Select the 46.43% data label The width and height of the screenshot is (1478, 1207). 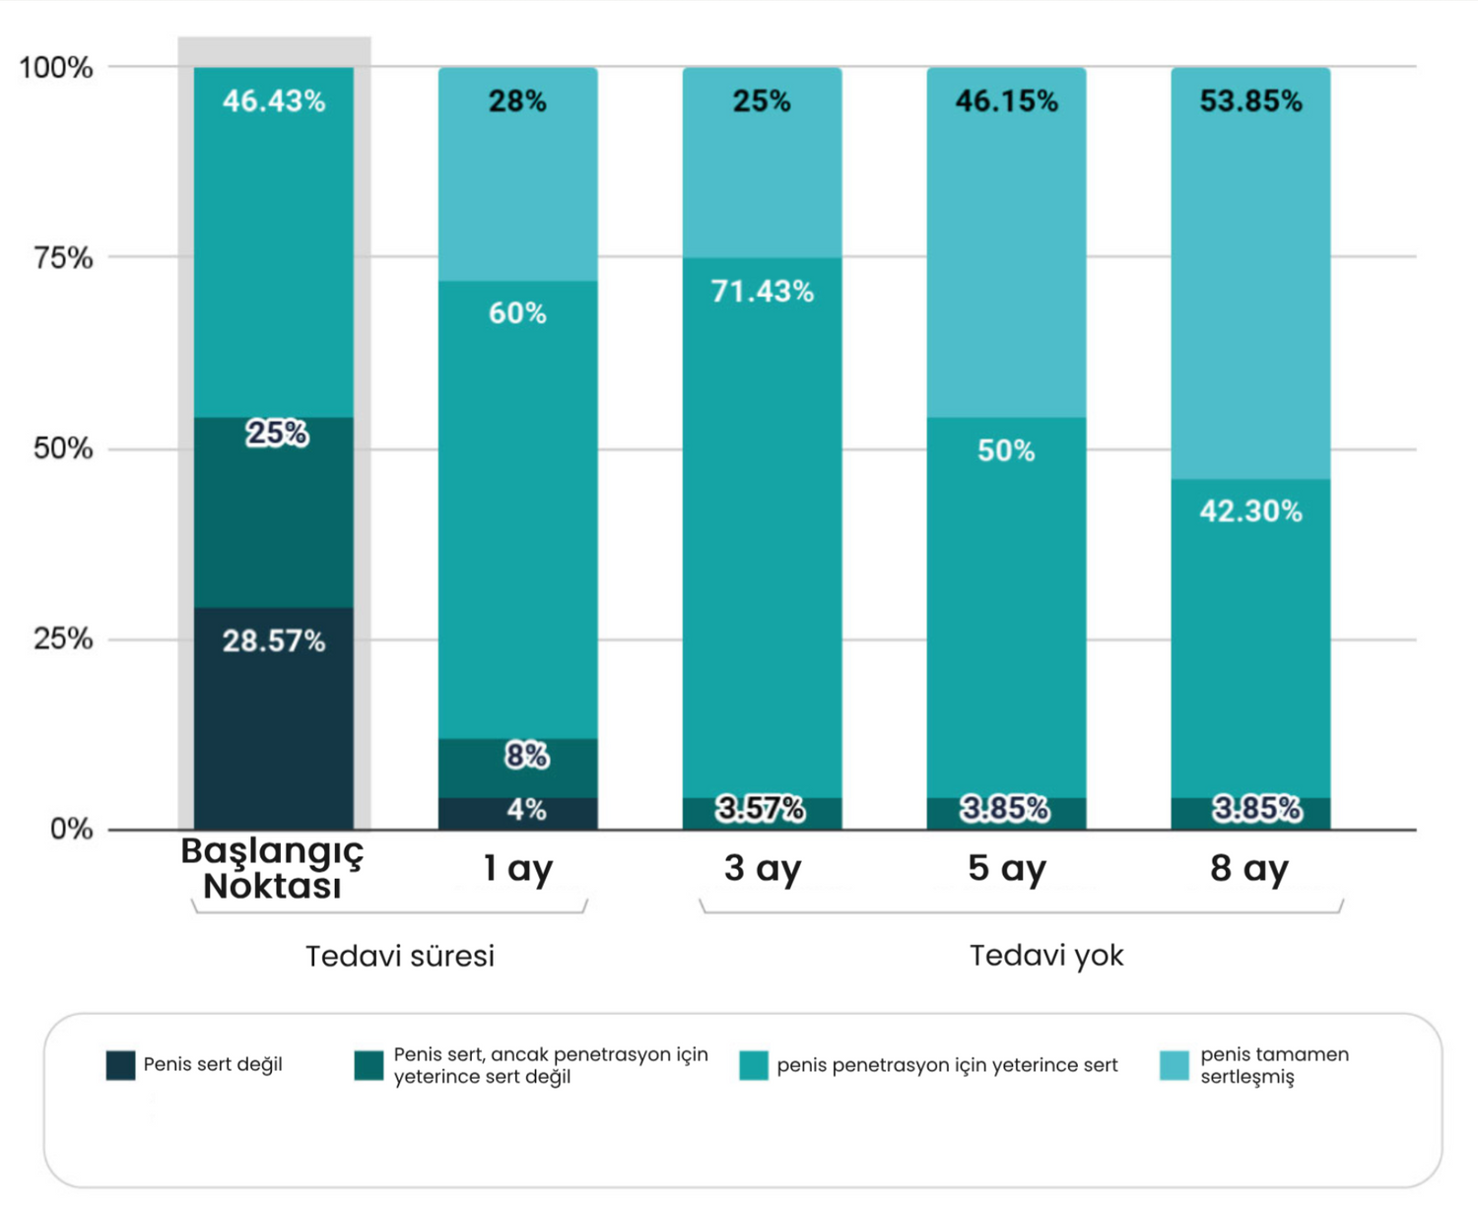click(x=273, y=101)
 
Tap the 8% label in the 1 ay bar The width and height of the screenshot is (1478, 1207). click(x=526, y=756)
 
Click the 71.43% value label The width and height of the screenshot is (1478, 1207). click(x=762, y=292)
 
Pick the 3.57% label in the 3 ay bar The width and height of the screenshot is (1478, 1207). click(x=760, y=809)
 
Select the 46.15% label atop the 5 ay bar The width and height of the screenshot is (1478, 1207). click(x=1006, y=101)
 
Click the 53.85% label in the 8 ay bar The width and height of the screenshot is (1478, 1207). click(x=1250, y=101)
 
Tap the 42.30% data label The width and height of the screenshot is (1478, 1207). click(x=1250, y=510)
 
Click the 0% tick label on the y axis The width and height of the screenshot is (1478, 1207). click(x=71, y=829)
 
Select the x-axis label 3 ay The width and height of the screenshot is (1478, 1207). click(x=763, y=868)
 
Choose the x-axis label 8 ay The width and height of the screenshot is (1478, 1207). click(x=1249, y=868)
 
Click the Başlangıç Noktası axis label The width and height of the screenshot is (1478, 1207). click(x=273, y=868)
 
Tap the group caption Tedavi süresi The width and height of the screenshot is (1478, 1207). click(x=400, y=956)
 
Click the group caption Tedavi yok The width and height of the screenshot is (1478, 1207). click(x=1046, y=955)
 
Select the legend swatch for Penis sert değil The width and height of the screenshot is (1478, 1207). click(x=120, y=1065)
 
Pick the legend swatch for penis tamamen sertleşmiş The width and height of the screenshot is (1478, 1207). click(x=1174, y=1065)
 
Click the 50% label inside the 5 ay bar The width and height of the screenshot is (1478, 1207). click(x=1006, y=450)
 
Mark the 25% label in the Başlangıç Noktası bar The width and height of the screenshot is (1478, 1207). click(x=277, y=433)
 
